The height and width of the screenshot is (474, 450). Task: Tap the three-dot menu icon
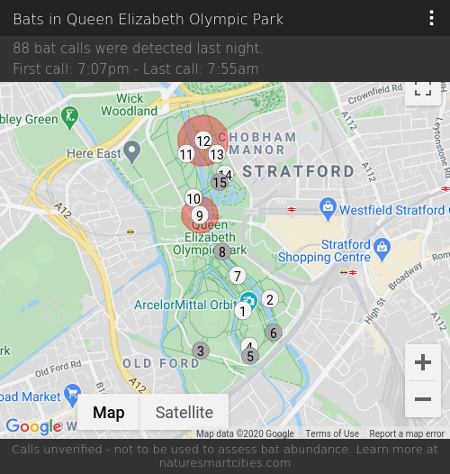click(x=432, y=19)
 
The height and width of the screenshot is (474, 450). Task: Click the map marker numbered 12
click(x=203, y=141)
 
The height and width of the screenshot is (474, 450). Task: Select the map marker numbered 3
click(x=201, y=351)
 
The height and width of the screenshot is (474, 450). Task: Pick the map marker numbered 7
click(x=238, y=276)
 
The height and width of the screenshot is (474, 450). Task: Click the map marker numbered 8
click(x=222, y=251)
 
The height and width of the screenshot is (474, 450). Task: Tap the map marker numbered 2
click(x=269, y=299)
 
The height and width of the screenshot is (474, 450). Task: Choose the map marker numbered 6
click(x=274, y=333)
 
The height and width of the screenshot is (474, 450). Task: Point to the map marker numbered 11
click(x=186, y=154)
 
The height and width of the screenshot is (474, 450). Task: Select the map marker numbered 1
click(x=243, y=311)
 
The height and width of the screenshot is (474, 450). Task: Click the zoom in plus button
click(x=423, y=362)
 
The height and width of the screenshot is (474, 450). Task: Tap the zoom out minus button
click(x=423, y=398)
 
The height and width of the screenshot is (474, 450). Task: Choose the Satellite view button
click(x=184, y=413)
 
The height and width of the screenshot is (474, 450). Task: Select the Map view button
click(x=109, y=413)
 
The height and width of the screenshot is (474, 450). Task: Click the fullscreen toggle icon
click(x=423, y=88)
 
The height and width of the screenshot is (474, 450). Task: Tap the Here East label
click(x=94, y=154)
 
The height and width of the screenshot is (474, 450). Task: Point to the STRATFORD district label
click(x=299, y=171)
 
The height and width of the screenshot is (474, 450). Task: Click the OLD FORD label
click(x=161, y=363)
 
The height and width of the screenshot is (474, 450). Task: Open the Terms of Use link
click(x=332, y=433)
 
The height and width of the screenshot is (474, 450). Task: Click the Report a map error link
click(x=407, y=433)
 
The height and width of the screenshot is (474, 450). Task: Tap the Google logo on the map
click(x=33, y=426)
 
